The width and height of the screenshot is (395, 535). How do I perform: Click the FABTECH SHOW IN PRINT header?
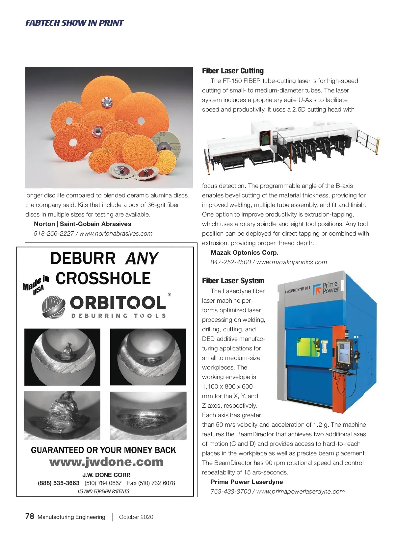point(74,23)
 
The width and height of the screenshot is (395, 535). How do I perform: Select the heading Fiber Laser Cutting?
point(233,71)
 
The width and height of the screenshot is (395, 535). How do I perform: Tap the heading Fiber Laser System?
point(233,281)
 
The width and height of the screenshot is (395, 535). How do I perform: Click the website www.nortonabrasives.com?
point(116,234)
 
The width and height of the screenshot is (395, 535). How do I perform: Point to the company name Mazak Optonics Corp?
point(245,253)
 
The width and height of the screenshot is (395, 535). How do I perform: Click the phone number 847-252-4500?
point(230,262)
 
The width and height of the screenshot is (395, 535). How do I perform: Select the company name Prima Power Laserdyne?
point(247,482)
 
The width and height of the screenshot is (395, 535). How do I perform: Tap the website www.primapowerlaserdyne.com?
point(300,492)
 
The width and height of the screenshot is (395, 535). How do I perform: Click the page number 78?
point(30,516)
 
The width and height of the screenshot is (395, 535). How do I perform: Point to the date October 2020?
point(136,517)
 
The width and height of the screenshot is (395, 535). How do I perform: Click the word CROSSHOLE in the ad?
point(103,278)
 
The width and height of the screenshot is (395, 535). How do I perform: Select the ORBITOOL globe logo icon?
point(53,307)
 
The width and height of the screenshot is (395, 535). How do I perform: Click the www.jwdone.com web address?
point(106,462)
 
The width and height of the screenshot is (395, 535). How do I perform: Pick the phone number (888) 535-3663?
point(59,483)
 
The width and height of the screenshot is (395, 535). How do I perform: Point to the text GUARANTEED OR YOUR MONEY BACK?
point(103,450)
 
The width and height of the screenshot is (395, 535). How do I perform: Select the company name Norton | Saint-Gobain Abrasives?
point(82,224)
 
